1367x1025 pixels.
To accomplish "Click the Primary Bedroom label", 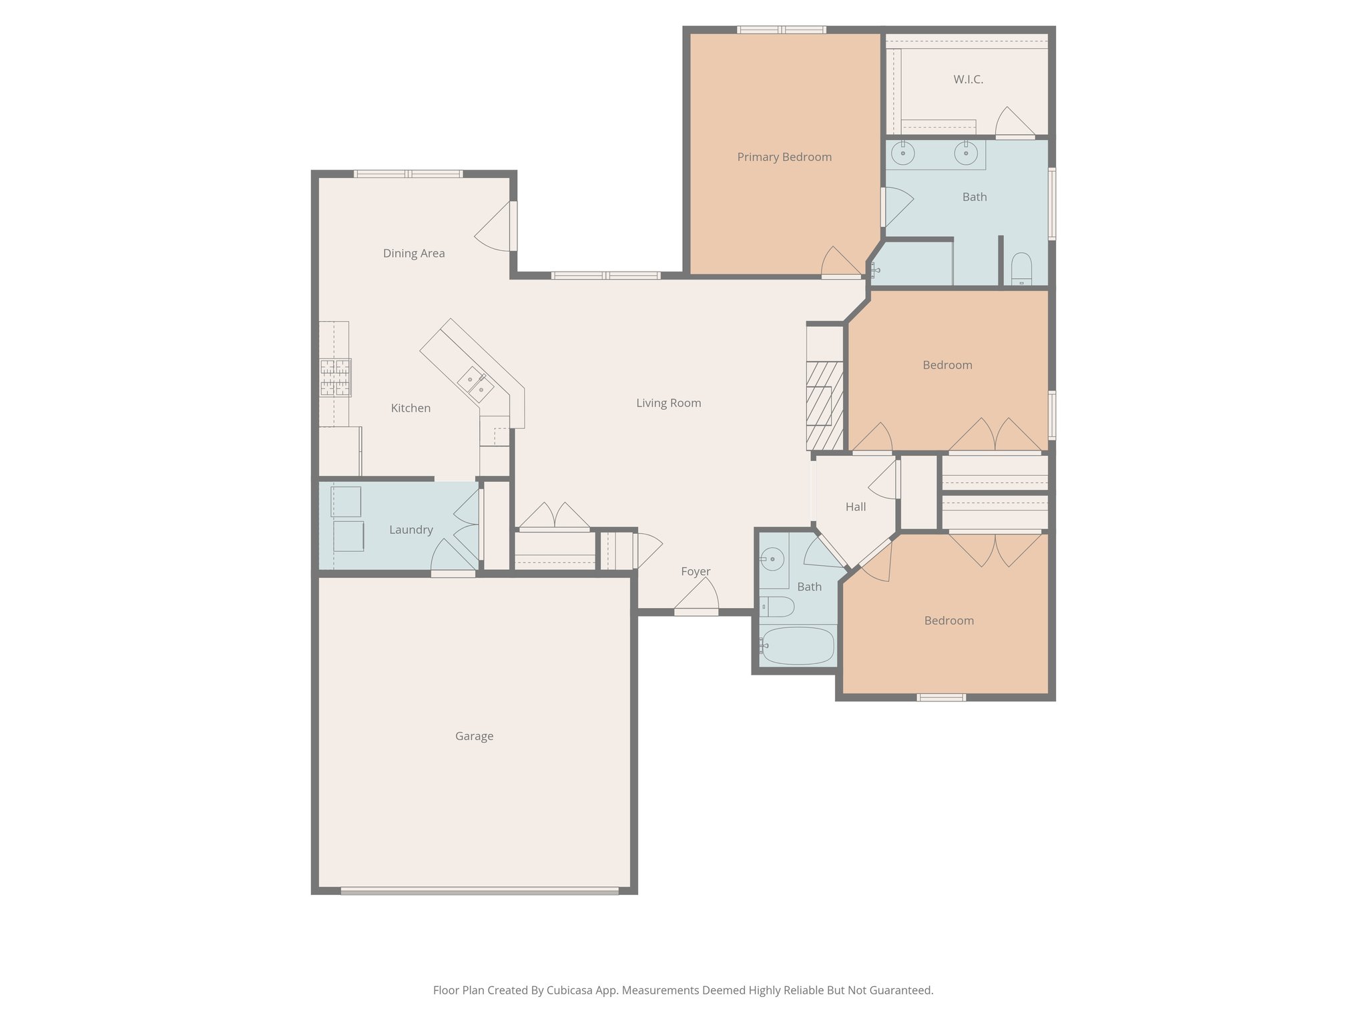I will click(x=784, y=157).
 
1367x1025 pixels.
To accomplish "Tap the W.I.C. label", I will click(x=968, y=79).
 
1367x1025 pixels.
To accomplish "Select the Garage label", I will click(x=474, y=736).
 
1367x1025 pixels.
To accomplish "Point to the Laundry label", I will click(x=411, y=530).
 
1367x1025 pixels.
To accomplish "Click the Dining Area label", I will click(x=414, y=254).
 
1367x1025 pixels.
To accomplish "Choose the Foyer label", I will click(x=696, y=572).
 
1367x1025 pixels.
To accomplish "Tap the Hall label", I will click(x=856, y=507).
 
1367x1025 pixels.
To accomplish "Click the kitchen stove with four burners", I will click(x=335, y=378).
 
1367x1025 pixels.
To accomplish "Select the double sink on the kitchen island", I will click(x=475, y=385).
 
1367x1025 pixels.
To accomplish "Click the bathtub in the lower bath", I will click(x=798, y=645).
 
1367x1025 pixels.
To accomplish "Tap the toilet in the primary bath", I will click(x=1021, y=270).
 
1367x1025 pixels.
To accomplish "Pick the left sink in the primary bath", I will click(x=903, y=153).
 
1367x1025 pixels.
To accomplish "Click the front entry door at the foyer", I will click(x=696, y=610).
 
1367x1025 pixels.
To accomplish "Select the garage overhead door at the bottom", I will click(x=479, y=890).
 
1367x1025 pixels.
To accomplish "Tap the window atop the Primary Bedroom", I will click(x=782, y=30).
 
